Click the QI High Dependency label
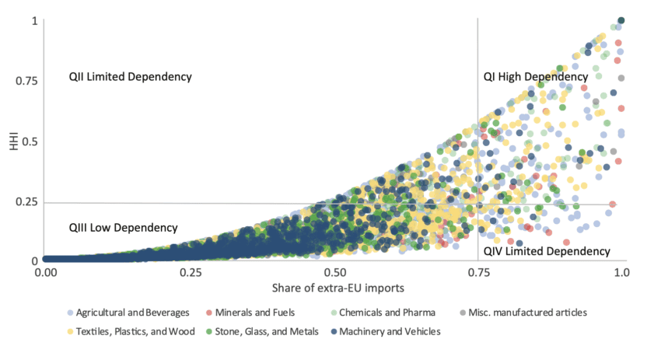[x=535, y=77]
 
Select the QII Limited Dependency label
[x=129, y=77]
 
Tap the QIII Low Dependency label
[x=123, y=228]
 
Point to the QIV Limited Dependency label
[x=547, y=251]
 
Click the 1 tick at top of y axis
[x=33, y=20]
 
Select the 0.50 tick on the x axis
[x=335, y=274]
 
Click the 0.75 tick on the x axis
[x=478, y=274]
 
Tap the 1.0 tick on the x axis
[x=621, y=274]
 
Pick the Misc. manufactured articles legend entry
[x=526, y=313]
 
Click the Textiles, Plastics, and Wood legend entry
[x=131, y=332]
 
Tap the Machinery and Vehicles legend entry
[x=390, y=332]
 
